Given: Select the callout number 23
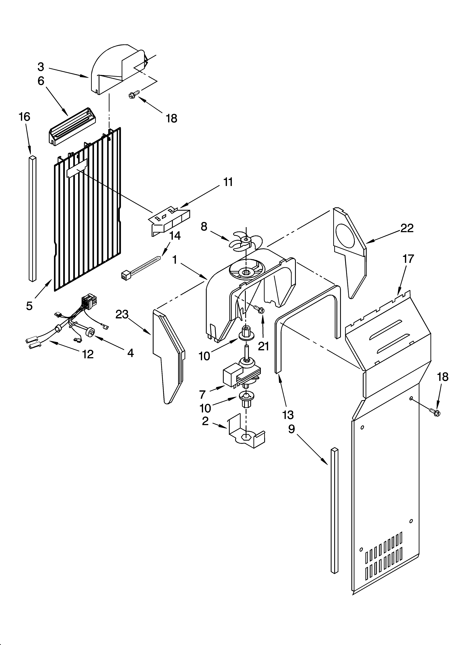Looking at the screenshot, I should pos(122,314).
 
